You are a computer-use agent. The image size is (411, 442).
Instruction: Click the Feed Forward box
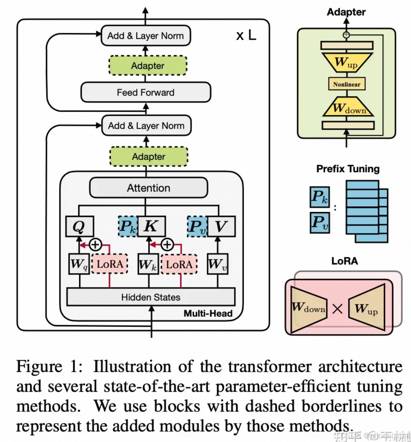pyautogui.click(x=146, y=92)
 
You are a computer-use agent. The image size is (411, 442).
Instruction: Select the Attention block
pyautogui.click(x=148, y=188)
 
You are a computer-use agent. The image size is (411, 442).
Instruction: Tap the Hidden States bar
pyautogui.click(x=151, y=297)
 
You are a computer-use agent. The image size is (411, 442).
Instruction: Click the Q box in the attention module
pyautogui.click(x=79, y=226)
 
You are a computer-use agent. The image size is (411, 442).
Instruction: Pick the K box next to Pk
pyautogui.click(x=151, y=226)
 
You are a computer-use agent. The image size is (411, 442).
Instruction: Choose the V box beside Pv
pyautogui.click(x=221, y=226)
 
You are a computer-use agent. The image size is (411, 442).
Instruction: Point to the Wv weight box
pyautogui.click(x=217, y=264)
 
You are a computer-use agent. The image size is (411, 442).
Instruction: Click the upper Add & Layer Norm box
pyautogui.click(x=146, y=36)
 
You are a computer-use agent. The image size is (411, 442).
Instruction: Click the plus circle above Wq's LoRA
pyautogui.click(x=95, y=245)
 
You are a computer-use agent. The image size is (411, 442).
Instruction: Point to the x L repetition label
pyautogui.click(x=246, y=35)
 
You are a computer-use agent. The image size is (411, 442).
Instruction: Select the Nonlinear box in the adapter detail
pyautogui.click(x=346, y=84)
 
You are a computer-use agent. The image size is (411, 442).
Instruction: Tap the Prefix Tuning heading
pyautogui.click(x=348, y=169)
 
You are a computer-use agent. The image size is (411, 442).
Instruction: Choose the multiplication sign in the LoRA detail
pyautogui.click(x=337, y=309)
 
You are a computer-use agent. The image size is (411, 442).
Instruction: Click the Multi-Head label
pyautogui.click(x=208, y=313)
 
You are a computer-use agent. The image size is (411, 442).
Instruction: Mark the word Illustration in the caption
pyautogui.click(x=132, y=367)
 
